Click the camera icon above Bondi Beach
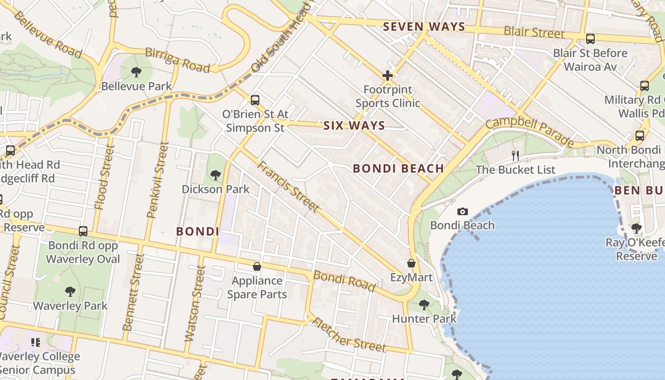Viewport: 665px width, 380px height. [462, 211]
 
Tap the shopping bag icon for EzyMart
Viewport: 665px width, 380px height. [411, 263]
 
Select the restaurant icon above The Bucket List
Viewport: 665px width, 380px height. [515, 155]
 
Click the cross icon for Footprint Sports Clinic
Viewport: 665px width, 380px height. [388, 75]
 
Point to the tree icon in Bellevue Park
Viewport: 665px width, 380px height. [136, 72]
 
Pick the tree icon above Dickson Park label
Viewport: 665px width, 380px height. [216, 175]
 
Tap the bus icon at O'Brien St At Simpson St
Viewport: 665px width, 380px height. [255, 100]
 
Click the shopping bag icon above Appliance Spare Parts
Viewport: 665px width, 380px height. [257, 266]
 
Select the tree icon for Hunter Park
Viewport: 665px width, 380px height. [424, 304]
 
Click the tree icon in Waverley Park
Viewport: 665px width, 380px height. [70, 291]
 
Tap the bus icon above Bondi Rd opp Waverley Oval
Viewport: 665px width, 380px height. [83, 231]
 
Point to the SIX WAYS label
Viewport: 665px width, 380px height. [354, 125]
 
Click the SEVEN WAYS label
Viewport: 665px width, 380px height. [424, 27]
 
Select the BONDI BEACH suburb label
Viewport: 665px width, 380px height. [399, 168]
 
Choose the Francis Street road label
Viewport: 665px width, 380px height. [288, 186]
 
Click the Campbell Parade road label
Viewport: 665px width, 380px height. [529, 132]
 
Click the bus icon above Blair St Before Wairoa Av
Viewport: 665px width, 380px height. [590, 39]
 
